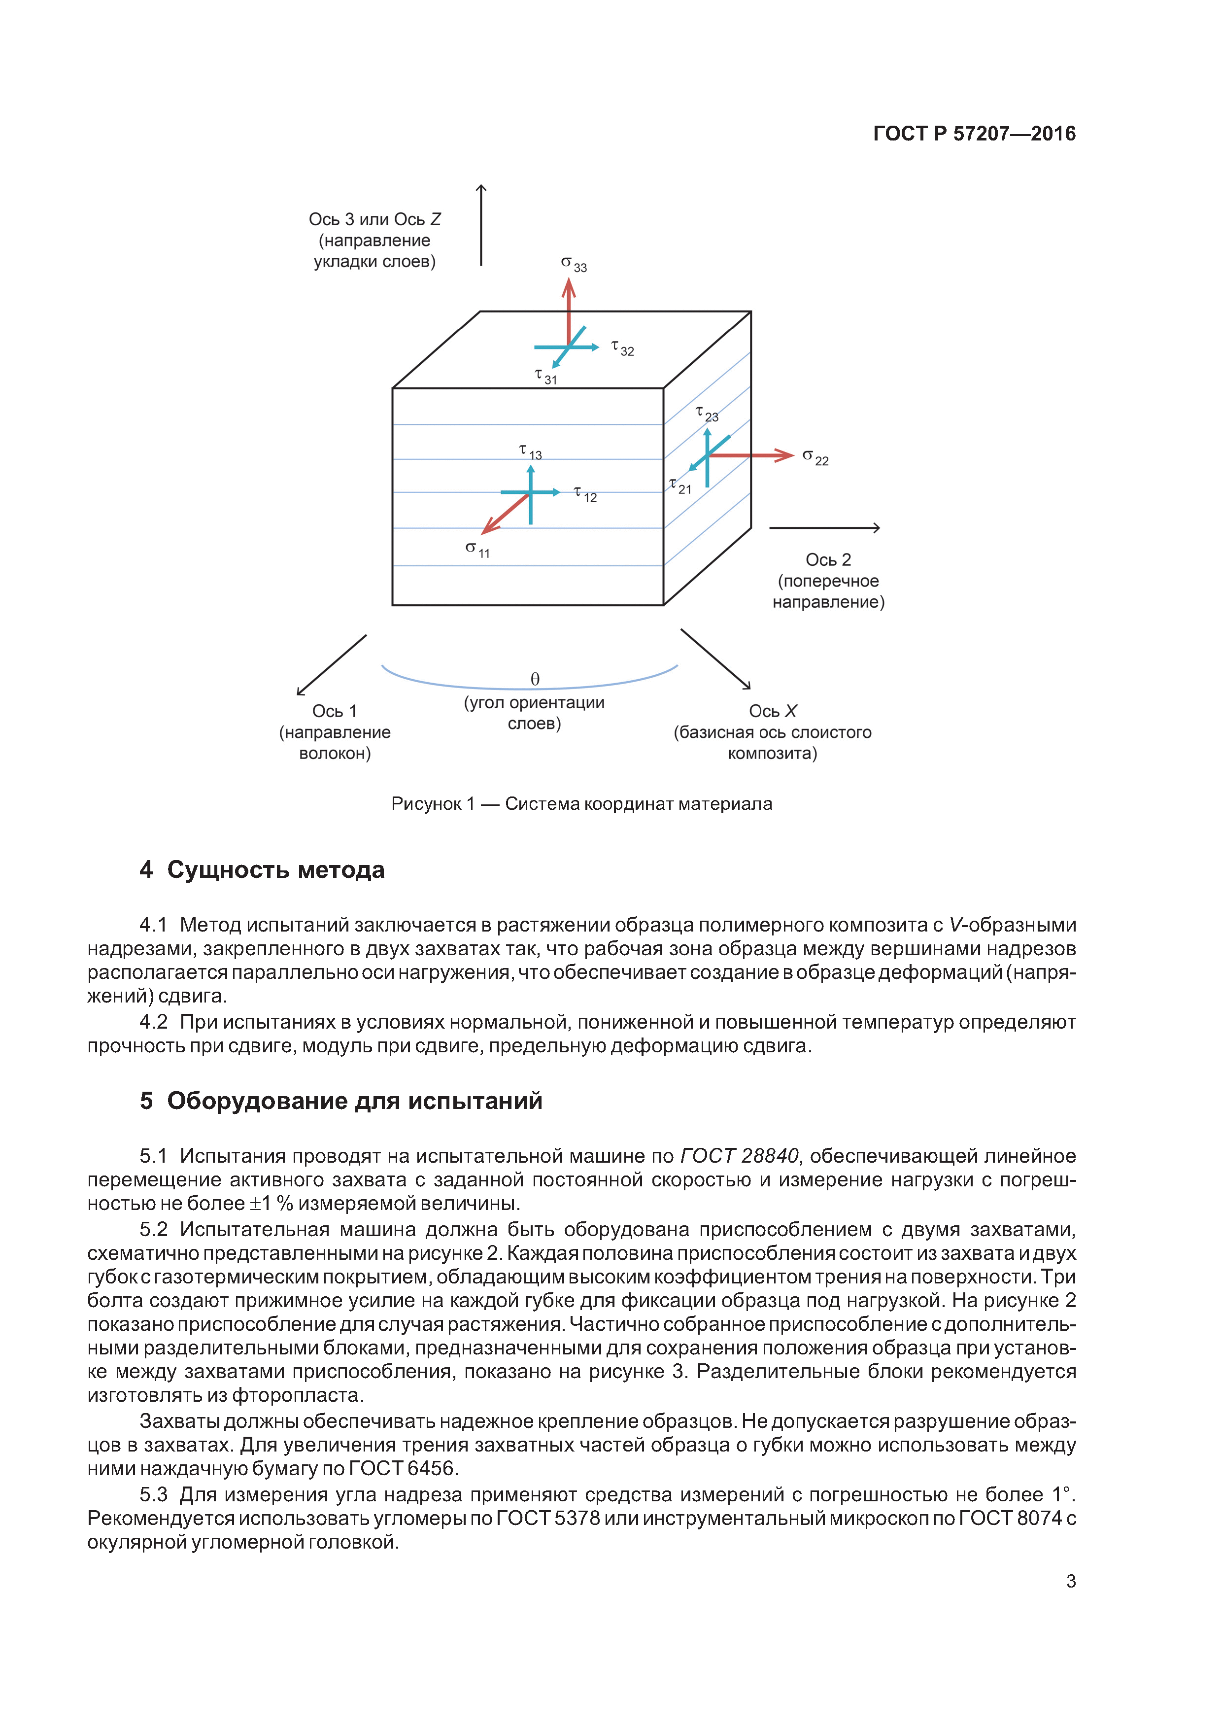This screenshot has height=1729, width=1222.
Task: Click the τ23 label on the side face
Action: point(707,414)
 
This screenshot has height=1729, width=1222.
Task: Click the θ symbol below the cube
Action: point(535,679)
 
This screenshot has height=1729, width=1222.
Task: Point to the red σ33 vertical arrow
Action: point(569,309)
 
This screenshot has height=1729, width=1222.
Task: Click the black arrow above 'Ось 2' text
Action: point(824,528)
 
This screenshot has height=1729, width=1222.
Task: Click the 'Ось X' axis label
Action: point(773,711)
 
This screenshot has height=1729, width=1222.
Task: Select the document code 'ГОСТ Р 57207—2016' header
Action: point(974,134)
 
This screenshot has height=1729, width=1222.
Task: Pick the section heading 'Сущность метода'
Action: point(275,870)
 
